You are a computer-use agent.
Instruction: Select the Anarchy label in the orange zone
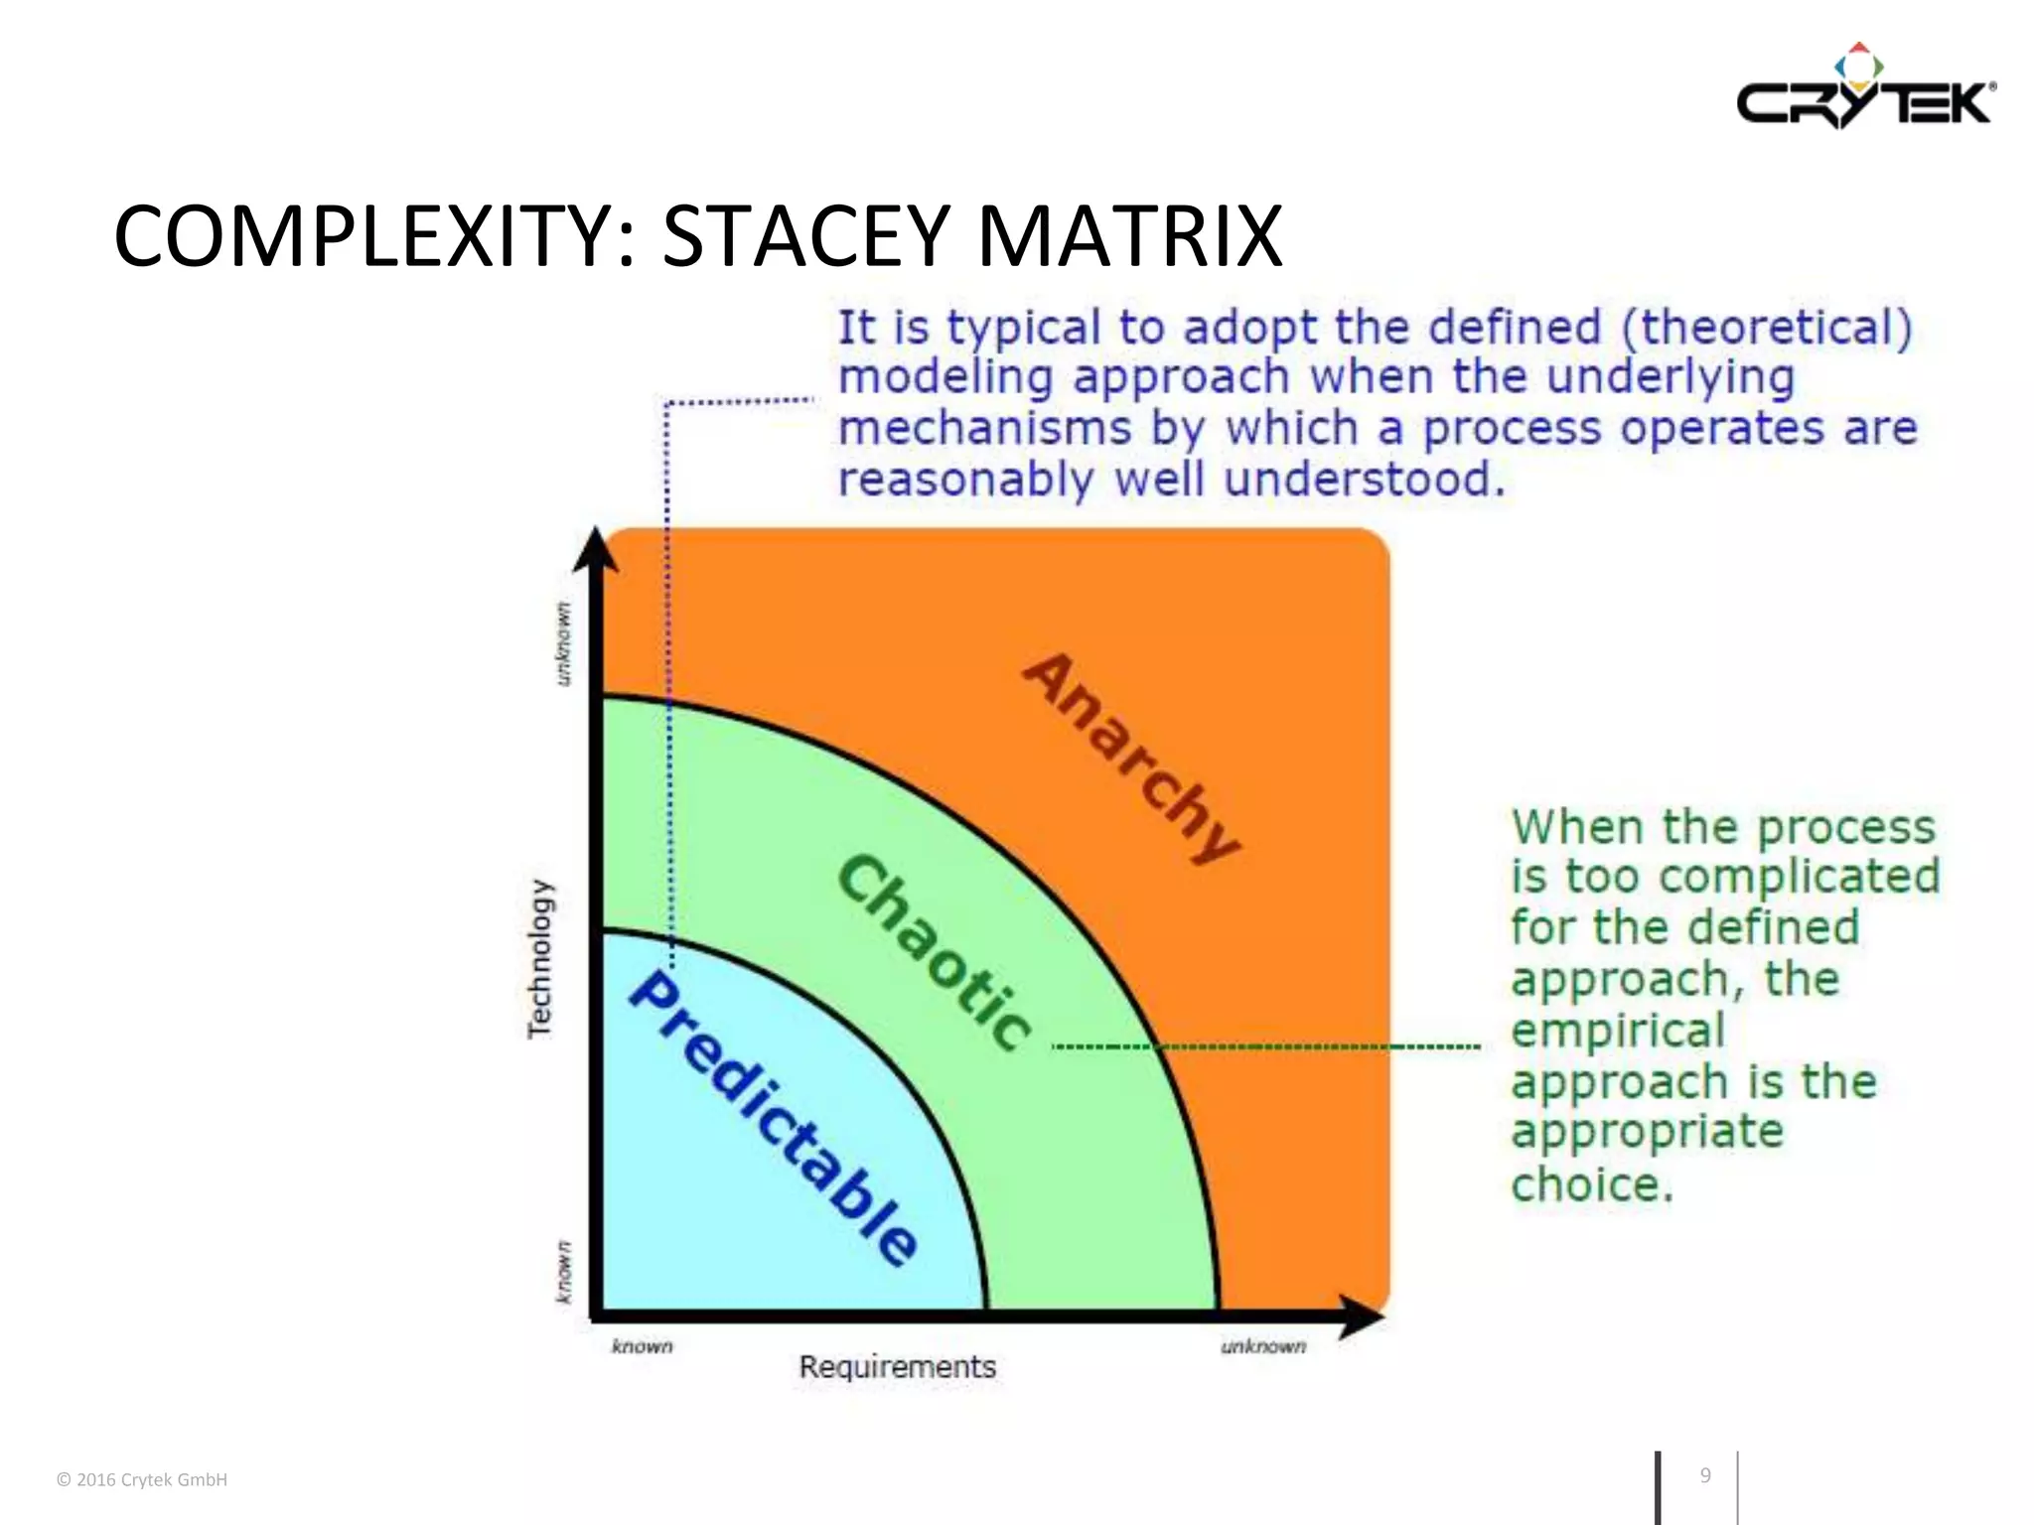[1132, 759]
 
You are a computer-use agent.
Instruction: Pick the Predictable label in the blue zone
[775, 1118]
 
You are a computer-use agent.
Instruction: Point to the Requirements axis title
[897, 1367]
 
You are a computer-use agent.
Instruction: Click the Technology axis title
[538, 959]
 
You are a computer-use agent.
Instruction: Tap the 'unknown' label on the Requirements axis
[1263, 1346]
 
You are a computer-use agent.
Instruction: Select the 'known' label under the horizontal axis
[642, 1346]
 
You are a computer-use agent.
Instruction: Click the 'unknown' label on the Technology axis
[562, 642]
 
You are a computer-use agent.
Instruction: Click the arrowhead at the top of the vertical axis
[596, 550]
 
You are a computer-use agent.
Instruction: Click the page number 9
[1705, 1475]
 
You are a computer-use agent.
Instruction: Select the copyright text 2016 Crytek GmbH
[142, 1479]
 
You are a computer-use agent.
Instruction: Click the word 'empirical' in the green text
[1618, 1031]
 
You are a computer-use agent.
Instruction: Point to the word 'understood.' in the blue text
[1363, 480]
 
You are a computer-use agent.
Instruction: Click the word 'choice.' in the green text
[1592, 1184]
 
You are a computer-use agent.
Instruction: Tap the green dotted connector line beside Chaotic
[1266, 1046]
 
